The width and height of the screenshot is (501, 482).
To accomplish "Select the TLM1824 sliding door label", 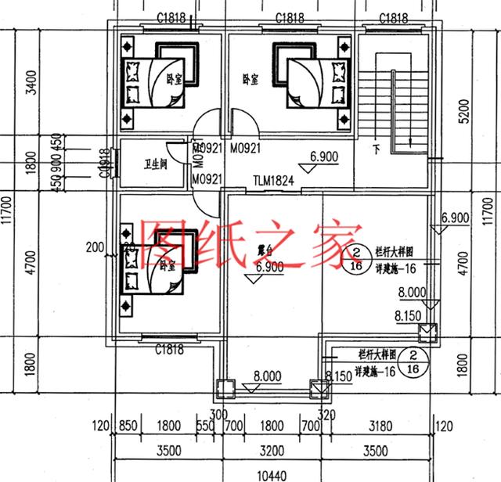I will point(273,181).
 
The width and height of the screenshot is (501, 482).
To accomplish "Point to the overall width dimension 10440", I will point(271,474).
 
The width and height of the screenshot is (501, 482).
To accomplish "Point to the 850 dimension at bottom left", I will point(131,427).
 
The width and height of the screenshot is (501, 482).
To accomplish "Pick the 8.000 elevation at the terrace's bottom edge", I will point(268,377).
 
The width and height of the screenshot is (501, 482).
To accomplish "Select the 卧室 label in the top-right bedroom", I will point(250,79).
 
